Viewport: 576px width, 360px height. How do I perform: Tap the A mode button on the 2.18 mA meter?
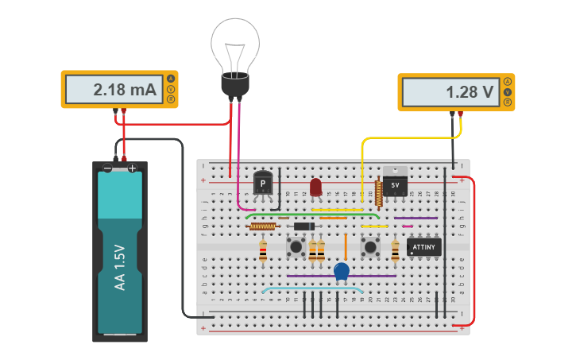point(170,78)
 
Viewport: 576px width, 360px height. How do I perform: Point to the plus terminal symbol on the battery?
point(133,168)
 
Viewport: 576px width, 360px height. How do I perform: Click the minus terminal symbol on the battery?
point(107,168)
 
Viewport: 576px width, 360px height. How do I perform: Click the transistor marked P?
point(263,184)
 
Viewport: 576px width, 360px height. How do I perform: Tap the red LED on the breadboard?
point(315,187)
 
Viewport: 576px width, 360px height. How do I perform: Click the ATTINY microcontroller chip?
point(423,247)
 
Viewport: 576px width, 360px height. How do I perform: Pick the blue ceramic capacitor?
point(342,272)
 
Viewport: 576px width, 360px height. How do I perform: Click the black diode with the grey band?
point(303,226)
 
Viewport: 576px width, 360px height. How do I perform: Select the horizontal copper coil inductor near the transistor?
point(262,226)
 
